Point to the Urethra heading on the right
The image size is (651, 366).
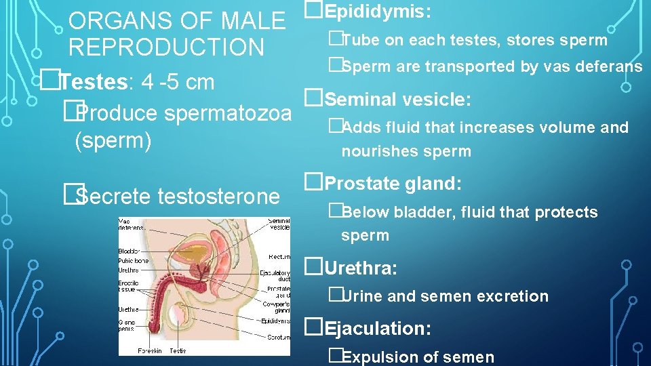[x=361, y=268]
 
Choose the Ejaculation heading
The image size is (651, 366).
[x=378, y=329]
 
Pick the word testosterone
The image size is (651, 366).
[x=218, y=197]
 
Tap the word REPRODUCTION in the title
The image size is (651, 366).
[x=166, y=48]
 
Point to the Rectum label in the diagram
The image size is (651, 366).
[x=279, y=256]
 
